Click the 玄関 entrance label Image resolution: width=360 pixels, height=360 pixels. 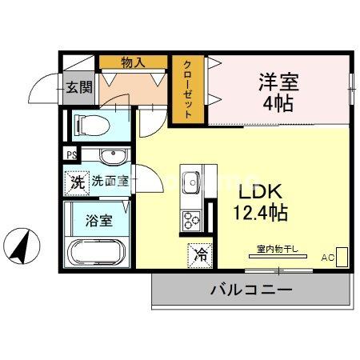(x=78, y=86)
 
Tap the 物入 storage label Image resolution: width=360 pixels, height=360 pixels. (x=133, y=62)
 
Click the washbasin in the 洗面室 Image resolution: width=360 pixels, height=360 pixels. (x=113, y=158)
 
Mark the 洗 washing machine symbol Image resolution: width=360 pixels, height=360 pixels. (x=77, y=182)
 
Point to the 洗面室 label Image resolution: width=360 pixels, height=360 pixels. (x=110, y=182)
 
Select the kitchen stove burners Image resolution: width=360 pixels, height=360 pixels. (x=192, y=219)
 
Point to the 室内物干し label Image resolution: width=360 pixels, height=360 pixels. (x=277, y=249)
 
